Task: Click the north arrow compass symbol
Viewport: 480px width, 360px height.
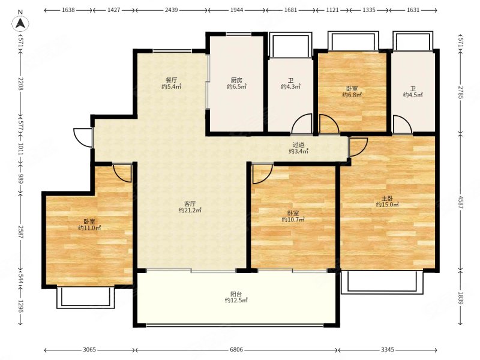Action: coord(20,22)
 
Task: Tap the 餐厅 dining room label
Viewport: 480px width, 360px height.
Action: coord(172,80)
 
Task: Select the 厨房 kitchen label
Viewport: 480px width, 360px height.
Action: coord(236,80)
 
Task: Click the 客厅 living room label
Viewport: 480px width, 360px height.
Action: coord(190,203)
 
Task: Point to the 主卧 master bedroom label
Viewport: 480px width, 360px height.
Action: coord(387,199)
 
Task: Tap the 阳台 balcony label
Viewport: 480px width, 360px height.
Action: coord(236,294)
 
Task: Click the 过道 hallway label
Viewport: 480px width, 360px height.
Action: coord(298,145)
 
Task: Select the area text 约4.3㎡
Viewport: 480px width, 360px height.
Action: coord(290,86)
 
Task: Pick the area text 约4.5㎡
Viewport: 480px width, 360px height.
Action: coord(413,95)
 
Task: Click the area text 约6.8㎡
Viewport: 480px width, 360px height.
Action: coord(352,95)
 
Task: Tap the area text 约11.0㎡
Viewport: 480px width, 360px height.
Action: coord(89,228)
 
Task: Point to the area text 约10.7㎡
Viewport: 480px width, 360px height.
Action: coord(293,220)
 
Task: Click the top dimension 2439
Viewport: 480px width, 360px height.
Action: coord(171,10)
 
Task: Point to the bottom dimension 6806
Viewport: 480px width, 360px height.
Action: coord(236,349)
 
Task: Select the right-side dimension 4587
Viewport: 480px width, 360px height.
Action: coord(461,202)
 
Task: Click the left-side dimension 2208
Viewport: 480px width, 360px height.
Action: coord(20,83)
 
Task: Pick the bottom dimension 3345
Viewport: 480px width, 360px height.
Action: coord(388,349)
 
